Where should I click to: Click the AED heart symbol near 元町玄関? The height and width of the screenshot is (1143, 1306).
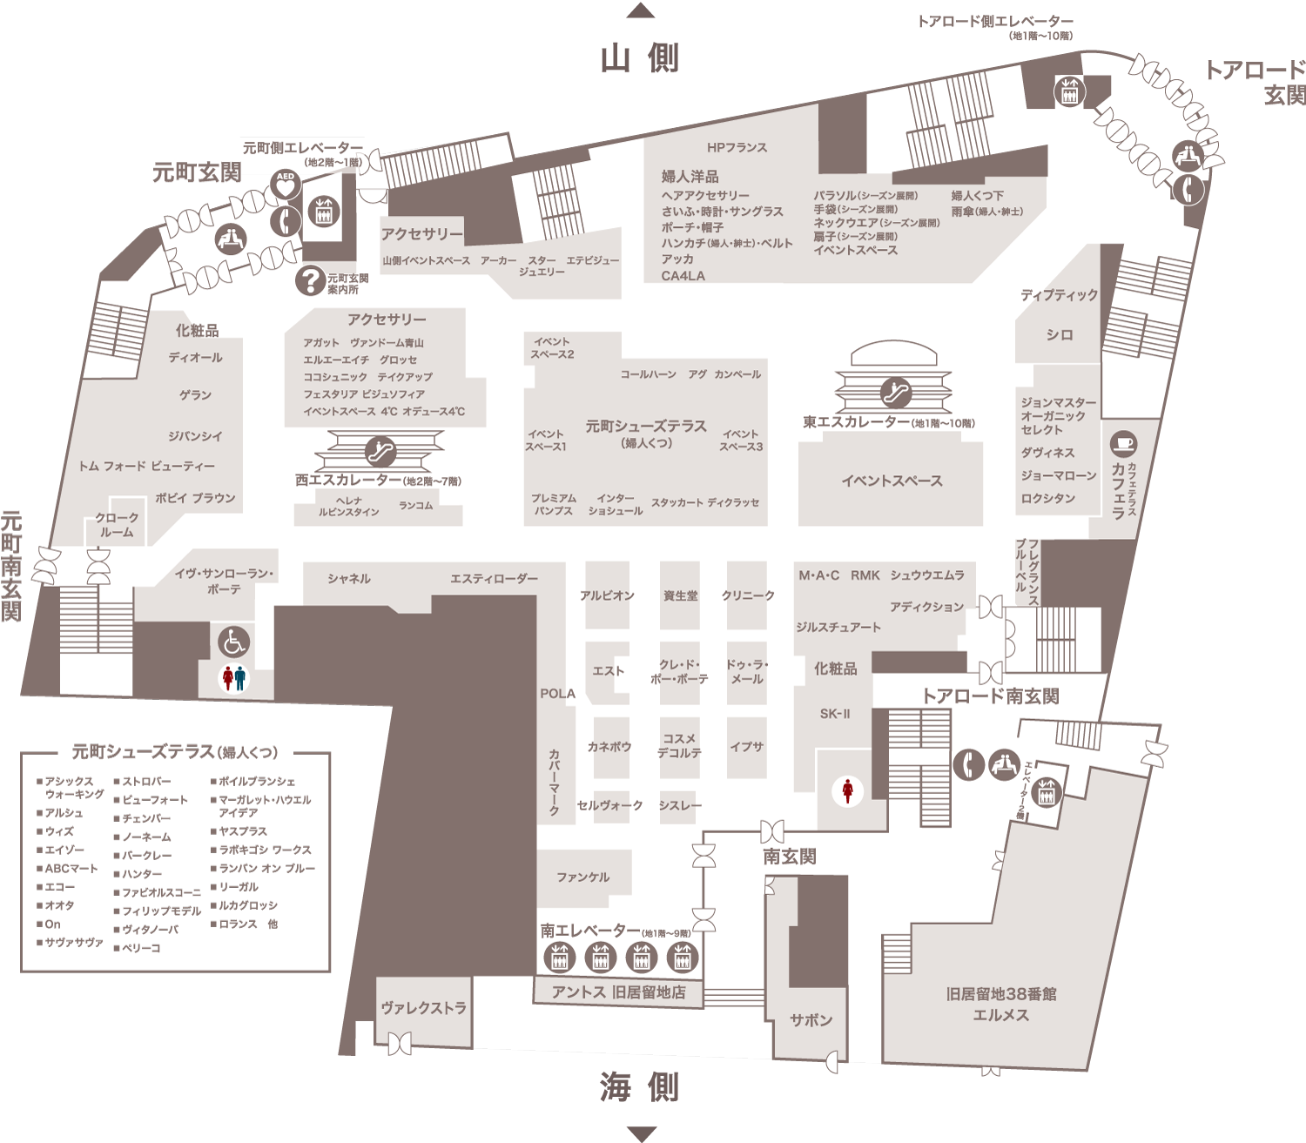[x=286, y=185]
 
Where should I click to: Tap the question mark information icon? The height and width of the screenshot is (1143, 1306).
[x=310, y=280]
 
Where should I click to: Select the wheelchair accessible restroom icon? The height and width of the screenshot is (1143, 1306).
[x=233, y=642]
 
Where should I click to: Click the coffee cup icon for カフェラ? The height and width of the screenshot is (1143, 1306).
[x=1123, y=442]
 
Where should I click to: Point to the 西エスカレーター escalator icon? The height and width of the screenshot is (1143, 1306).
[x=380, y=452]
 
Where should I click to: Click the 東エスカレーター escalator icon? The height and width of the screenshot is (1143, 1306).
[x=895, y=393]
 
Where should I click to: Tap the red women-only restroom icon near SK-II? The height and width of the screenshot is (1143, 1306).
[x=847, y=791]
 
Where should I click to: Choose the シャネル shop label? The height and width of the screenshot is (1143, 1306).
[x=348, y=579]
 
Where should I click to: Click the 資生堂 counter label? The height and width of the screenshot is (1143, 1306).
[x=680, y=596]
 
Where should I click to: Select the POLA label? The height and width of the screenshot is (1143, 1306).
[x=557, y=694]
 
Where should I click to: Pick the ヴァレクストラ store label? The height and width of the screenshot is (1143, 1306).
[x=424, y=1008]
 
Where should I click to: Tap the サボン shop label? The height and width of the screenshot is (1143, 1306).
[x=811, y=1020]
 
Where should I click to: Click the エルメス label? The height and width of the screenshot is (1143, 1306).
[x=1000, y=1015]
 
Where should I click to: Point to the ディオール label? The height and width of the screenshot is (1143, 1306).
[x=195, y=358]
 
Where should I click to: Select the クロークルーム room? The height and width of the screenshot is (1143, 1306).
[x=117, y=525]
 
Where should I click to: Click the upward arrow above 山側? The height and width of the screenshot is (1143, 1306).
[x=640, y=10]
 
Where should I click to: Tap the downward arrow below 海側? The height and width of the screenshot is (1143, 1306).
[x=641, y=1134]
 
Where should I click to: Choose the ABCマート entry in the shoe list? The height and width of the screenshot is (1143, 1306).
[x=68, y=869]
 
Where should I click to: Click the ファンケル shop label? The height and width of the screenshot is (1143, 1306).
[x=582, y=877]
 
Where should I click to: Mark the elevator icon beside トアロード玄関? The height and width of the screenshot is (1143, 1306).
[x=1069, y=91]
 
